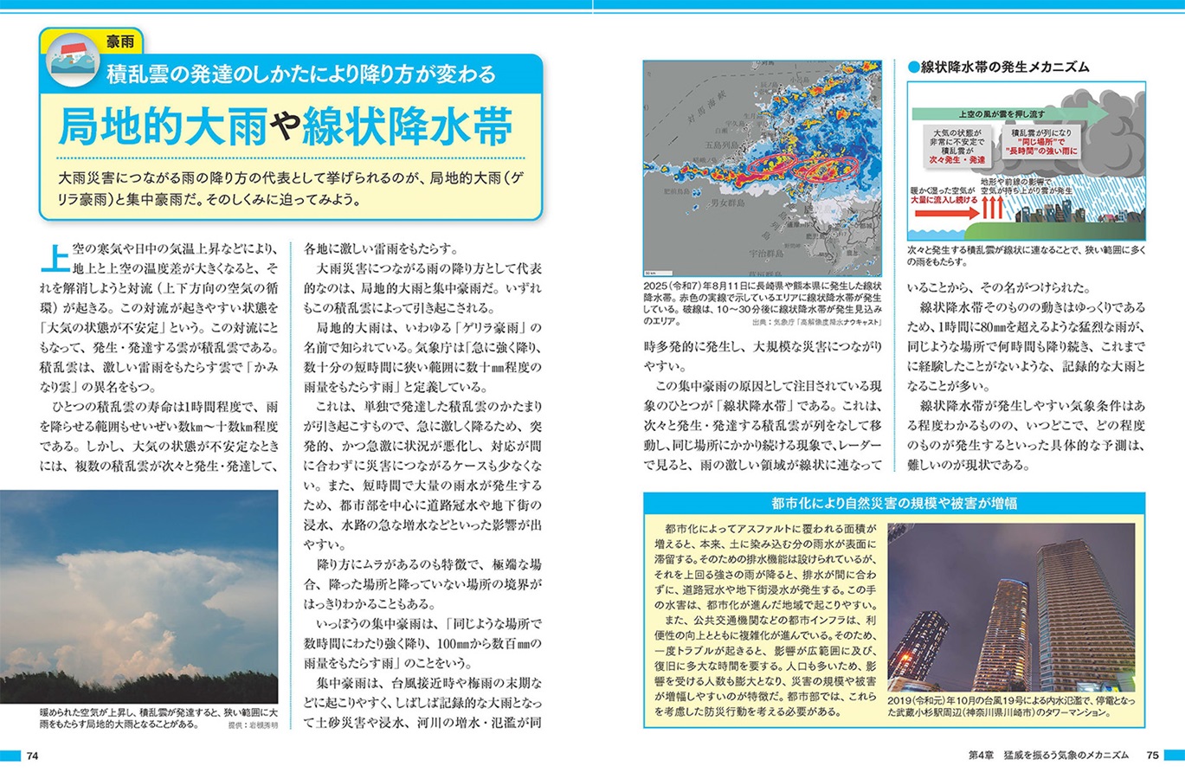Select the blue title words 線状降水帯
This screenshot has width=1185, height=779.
406,126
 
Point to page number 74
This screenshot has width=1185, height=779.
33,756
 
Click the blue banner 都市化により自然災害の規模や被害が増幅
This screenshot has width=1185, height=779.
894,503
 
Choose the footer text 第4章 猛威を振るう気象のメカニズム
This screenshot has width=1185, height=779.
1048,756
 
